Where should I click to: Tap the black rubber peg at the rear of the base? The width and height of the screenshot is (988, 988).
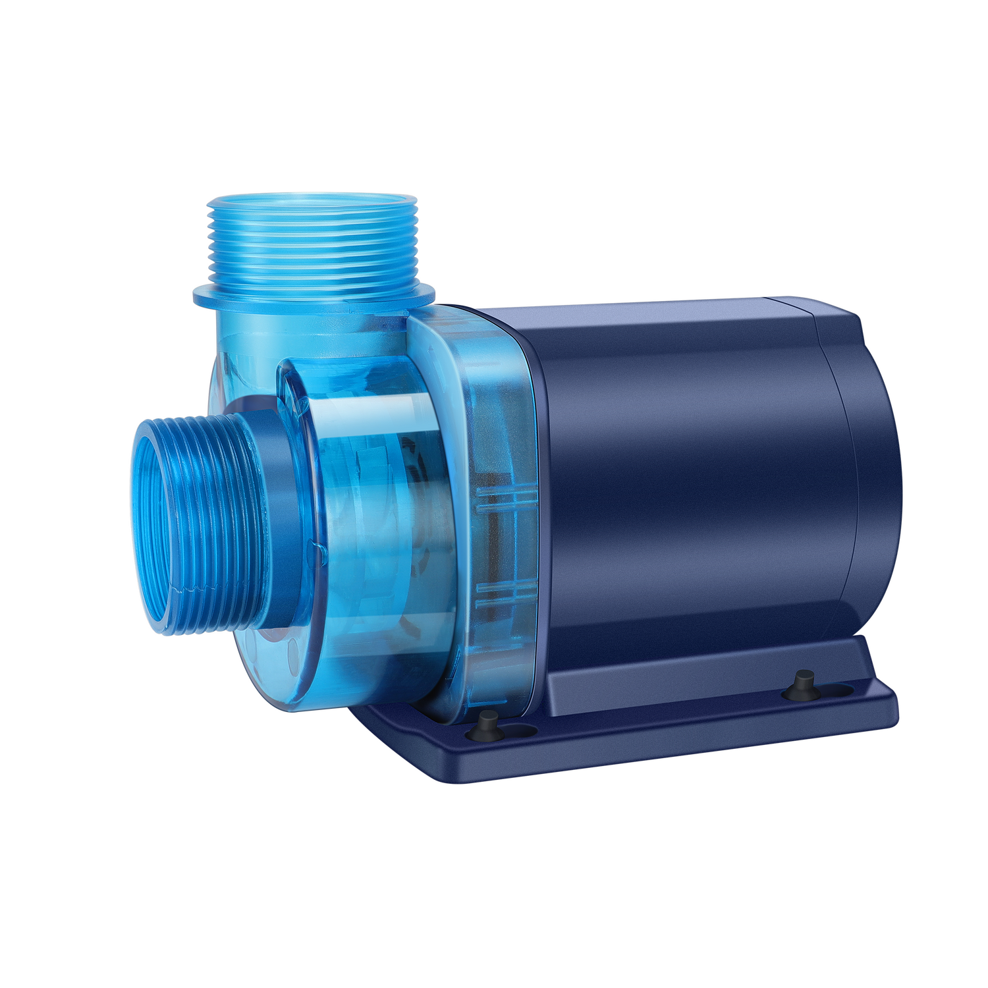point(804,682)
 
